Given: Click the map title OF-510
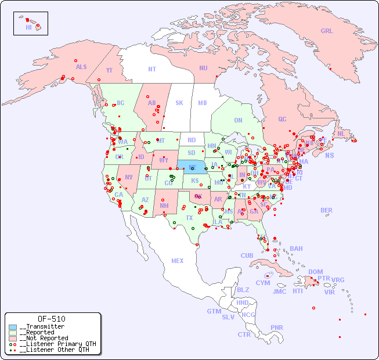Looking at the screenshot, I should coord(52,319).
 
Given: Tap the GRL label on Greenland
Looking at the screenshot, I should coord(327,31).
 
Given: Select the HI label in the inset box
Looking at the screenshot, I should coord(28,27).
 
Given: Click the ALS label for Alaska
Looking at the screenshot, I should coord(81,67).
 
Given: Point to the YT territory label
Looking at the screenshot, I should coord(109,70).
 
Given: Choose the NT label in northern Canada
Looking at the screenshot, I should coord(152,69).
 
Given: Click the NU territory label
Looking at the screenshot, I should coord(203,68).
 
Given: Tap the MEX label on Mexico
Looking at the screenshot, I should coord(178,261).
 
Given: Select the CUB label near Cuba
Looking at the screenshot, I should coord(247,255).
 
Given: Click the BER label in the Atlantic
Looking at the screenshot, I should coord(327,210).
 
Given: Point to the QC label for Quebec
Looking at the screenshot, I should coord(282,119).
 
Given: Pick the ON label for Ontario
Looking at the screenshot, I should coord(238,120).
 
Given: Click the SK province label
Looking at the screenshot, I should coord(179,103).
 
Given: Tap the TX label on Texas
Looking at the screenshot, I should coord(189,218).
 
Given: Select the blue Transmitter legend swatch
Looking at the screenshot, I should coord(13,327).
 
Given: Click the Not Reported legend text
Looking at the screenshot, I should coord(44,338).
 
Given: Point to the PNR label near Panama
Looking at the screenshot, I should coord(277,327).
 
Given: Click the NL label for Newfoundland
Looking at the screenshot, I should coord(341,134).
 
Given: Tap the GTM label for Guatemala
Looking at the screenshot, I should coord(214,311).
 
